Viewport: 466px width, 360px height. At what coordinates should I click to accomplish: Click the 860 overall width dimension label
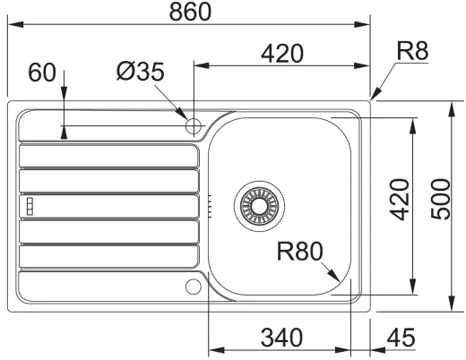(x=190, y=12)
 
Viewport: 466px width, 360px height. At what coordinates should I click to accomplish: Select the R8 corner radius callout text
(x=412, y=51)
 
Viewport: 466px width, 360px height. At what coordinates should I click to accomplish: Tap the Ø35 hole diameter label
(x=141, y=72)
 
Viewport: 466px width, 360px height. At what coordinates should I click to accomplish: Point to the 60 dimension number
(x=42, y=73)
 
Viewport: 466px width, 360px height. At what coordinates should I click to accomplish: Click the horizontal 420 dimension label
(x=282, y=54)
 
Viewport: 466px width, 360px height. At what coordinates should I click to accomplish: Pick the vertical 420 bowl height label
(x=400, y=200)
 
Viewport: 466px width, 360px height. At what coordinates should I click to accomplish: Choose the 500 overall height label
(x=440, y=199)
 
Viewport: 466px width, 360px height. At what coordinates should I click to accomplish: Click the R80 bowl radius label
(x=299, y=251)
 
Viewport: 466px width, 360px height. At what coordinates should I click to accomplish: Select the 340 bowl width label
(x=281, y=338)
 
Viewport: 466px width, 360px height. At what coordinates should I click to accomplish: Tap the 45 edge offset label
(x=401, y=338)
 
